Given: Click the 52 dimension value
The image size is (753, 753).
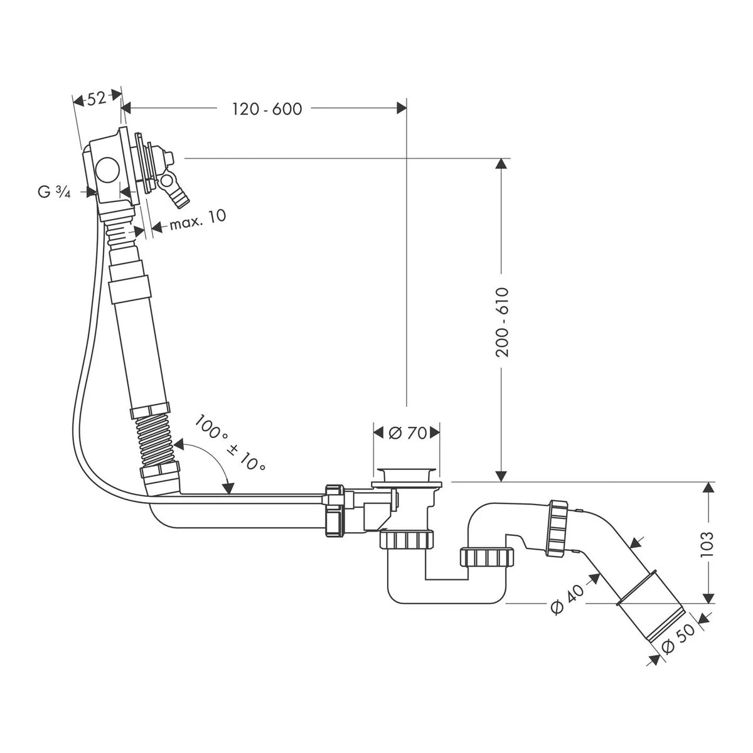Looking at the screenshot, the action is (96, 99).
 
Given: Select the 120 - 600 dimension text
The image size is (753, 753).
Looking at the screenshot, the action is (267, 109).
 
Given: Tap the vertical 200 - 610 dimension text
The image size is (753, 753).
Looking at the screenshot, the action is (501, 323).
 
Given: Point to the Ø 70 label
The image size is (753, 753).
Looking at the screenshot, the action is (407, 433).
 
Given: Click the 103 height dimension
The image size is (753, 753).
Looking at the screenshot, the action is (707, 544).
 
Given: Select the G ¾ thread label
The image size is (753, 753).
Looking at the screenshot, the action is (55, 192).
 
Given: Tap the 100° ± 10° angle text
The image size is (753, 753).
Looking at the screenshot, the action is (230, 443).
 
